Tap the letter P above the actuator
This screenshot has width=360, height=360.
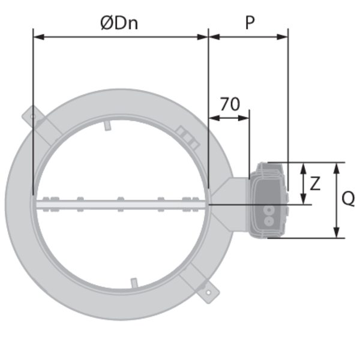click(249, 23)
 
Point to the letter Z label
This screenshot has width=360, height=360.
click(314, 182)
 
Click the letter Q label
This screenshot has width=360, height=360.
click(347, 198)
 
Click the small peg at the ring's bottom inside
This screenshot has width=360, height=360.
click(134, 282)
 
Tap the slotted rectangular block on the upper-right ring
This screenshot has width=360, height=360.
click(187, 137)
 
